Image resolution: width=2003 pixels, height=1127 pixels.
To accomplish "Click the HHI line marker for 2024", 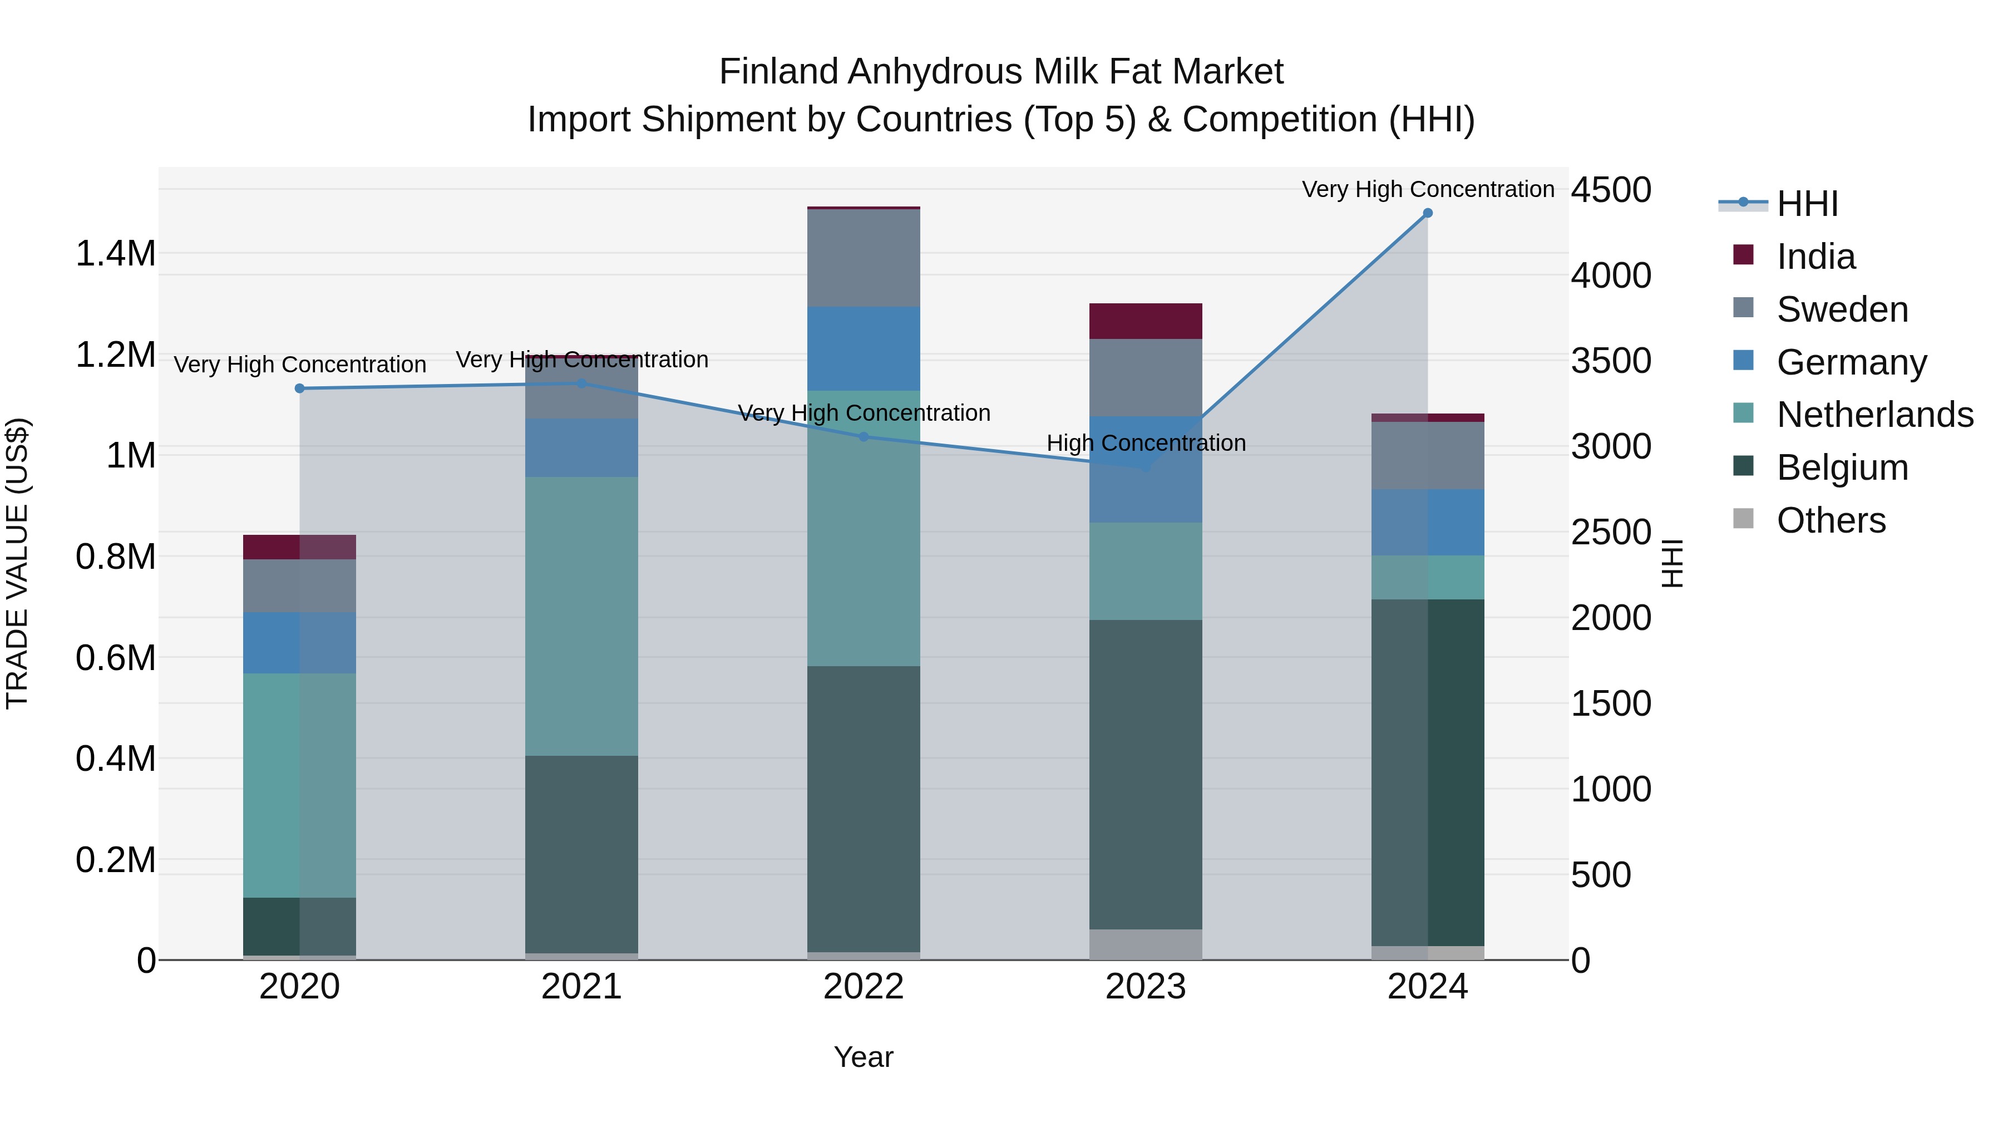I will tap(1428, 213).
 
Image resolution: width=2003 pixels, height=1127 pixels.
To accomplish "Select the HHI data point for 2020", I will tap(299, 388).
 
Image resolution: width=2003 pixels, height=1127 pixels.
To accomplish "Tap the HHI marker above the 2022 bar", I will tap(863, 437).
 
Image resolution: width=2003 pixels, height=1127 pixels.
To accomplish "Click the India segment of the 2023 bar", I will tap(1146, 321).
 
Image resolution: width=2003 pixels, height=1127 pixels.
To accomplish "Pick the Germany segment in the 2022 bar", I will tap(863, 348).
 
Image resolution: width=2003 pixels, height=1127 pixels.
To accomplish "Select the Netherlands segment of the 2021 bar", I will tap(581, 616).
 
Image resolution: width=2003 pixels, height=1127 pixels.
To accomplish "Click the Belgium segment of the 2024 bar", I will tap(1428, 772).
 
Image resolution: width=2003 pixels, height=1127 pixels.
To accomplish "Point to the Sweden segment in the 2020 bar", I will tap(299, 585).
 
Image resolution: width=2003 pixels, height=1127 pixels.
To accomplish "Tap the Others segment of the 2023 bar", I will tap(1146, 944).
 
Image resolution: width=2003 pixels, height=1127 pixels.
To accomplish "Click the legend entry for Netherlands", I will tap(1874, 415).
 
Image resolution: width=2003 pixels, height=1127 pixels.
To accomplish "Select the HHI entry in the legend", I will tap(1806, 204).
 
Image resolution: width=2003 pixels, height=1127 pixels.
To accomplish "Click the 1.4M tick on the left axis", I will tap(116, 254).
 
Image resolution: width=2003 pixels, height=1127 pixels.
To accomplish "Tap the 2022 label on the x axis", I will tap(863, 987).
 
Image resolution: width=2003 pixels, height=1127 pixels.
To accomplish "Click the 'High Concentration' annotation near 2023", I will tap(1146, 444).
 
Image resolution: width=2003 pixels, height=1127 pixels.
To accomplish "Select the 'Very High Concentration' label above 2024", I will tap(1428, 189).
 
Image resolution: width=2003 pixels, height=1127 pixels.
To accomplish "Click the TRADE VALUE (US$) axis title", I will tap(18, 563).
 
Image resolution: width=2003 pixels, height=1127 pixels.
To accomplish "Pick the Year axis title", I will tap(863, 1057).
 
